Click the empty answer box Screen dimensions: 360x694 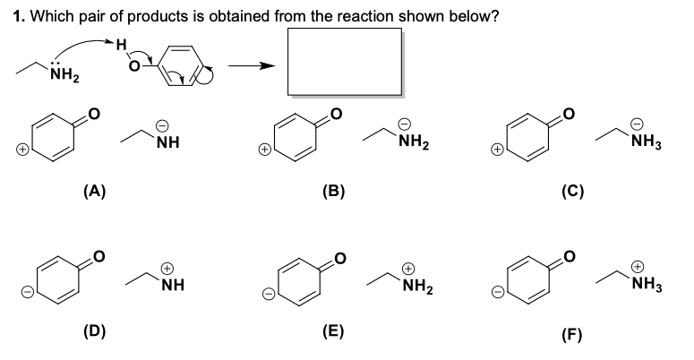(x=344, y=60)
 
